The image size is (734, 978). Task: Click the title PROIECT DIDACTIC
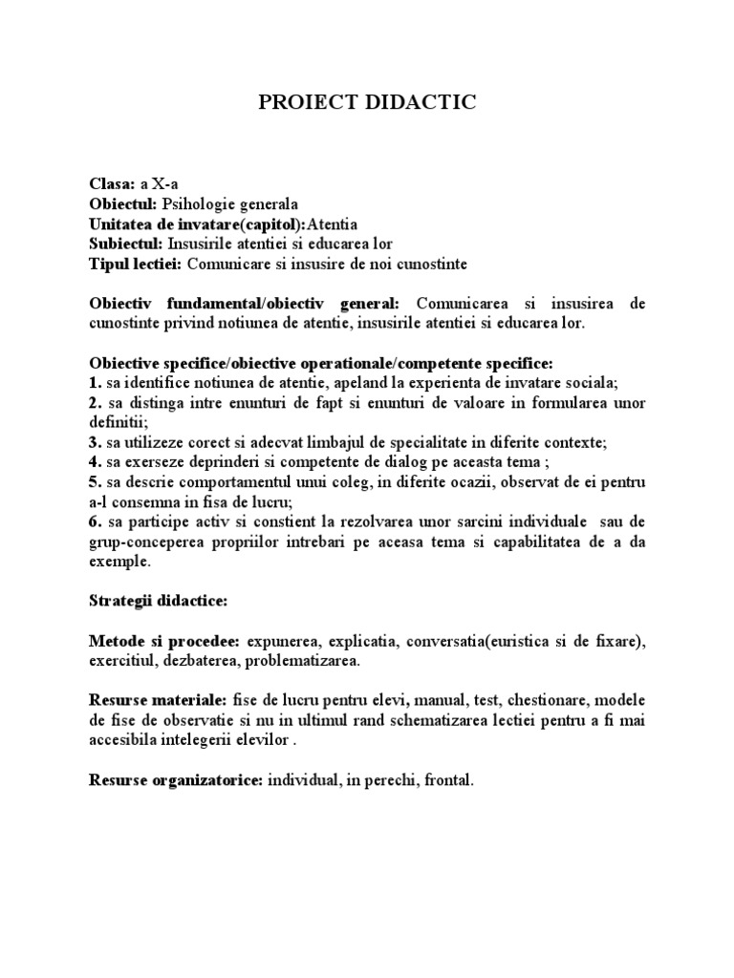click(367, 103)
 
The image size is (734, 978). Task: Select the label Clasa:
click(112, 184)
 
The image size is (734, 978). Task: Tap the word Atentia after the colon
click(332, 223)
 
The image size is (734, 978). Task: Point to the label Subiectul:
click(126, 244)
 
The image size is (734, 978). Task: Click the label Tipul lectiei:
click(135, 263)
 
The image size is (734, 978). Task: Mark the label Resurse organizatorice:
click(176, 780)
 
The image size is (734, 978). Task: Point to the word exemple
click(119, 562)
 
